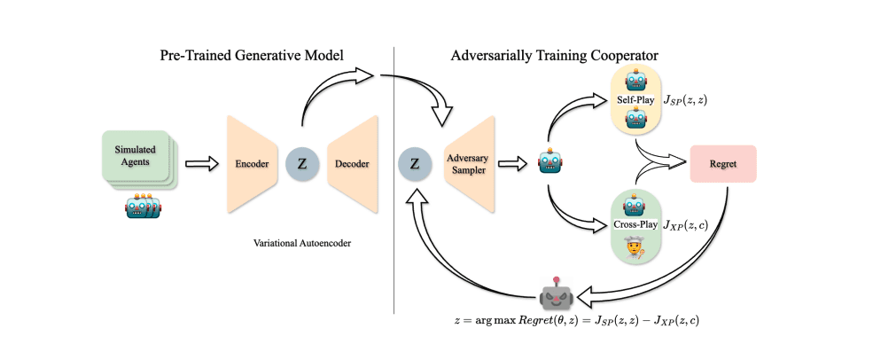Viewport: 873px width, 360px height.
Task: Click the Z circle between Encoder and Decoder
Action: click(x=303, y=163)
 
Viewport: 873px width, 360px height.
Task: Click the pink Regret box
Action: click(x=723, y=163)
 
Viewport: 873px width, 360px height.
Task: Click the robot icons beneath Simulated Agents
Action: click(x=142, y=207)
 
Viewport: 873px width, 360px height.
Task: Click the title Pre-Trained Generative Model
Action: click(x=254, y=55)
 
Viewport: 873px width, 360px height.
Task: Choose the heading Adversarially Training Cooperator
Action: click(x=567, y=55)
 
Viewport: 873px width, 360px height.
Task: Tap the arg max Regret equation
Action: click(x=580, y=317)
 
